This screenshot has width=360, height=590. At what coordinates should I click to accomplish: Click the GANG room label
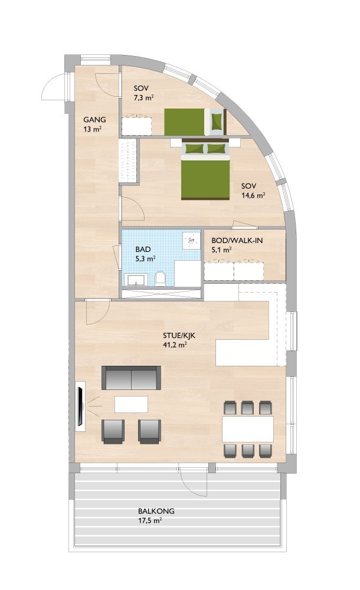click(x=94, y=119)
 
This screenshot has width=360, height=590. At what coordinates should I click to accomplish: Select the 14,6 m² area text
click(x=253, y=196)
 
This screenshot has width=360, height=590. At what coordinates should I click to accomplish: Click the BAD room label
click(x=143, y=249)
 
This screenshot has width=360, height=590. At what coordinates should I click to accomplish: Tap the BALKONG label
click(x=156, y=512)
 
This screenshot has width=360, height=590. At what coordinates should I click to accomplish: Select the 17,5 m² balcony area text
click(x=150, y=521)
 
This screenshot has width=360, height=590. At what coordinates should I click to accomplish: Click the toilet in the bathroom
click(x=159, y=278)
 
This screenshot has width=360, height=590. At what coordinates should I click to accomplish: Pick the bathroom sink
click(x=136, y=280)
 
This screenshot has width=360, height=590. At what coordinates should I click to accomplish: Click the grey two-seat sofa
click(x=132, y=378)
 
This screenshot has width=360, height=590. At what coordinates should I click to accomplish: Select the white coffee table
click(x=131, y=404)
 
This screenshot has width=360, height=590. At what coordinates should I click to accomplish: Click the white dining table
click(x=248, y=429)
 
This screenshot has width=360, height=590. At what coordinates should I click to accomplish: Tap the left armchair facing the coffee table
click(x=113, y=431)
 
